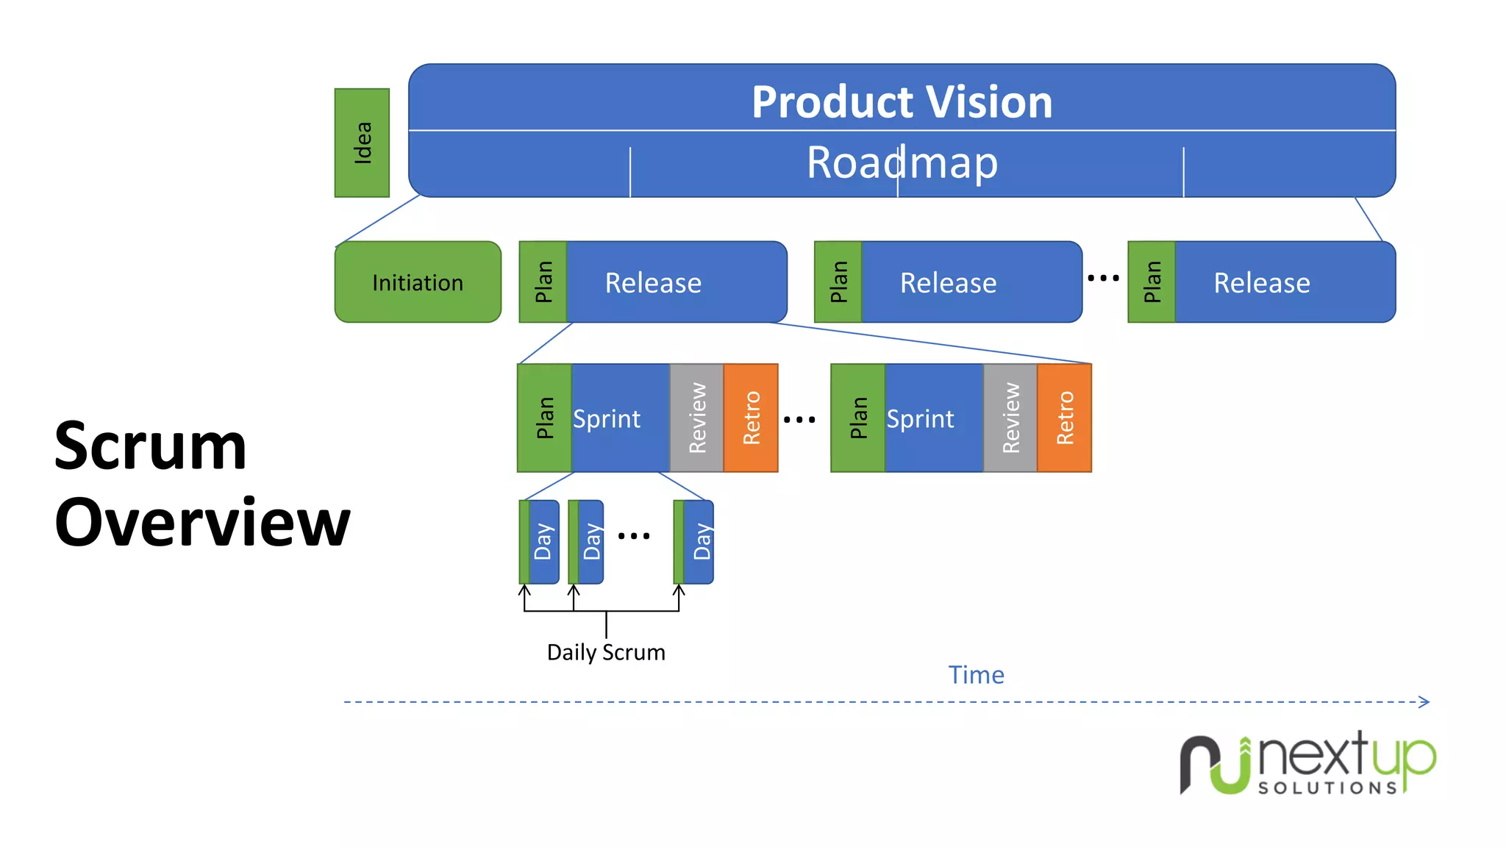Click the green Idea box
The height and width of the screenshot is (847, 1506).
[362, 143]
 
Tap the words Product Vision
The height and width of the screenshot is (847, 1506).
[902, 101]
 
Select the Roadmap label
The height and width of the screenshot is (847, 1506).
[902, 162]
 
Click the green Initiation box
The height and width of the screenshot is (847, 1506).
[418, 282]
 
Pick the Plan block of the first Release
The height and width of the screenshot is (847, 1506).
[543, 282]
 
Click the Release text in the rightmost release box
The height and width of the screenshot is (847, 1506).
[1261, 283]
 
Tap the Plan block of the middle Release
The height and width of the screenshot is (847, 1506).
[838, 282]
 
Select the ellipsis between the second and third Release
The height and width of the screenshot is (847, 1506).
[1103, 278]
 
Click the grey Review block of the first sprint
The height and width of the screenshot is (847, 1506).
[696, 418]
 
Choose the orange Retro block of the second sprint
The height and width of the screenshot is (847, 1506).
[1064, 418]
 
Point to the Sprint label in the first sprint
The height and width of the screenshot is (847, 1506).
[607, 419]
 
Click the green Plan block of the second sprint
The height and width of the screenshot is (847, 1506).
[858, 418]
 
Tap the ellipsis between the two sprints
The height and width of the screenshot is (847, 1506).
[799, 420]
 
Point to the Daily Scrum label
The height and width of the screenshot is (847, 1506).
[606, 652]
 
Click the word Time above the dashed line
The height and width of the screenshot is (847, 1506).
[976, 675]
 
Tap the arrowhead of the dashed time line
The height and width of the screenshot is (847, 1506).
[1424, 702]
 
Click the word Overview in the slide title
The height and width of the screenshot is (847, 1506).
[202, 523]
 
